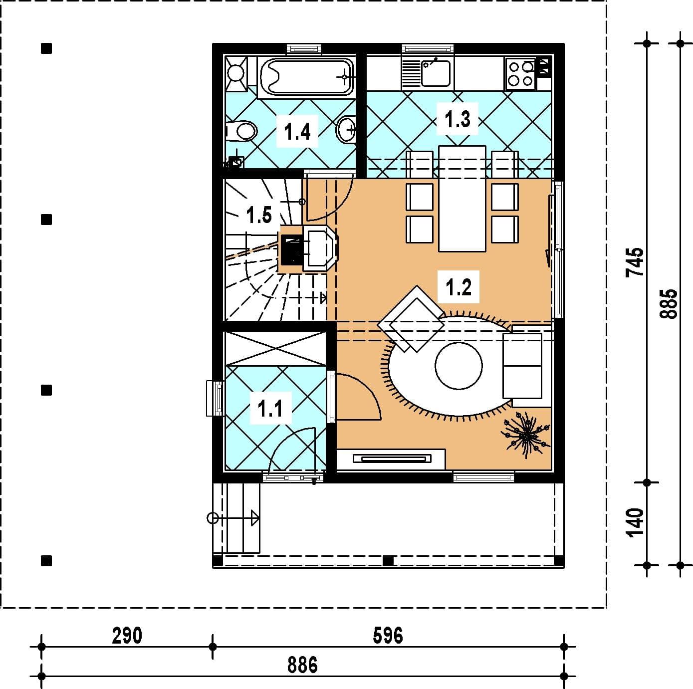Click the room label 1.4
pyautogui.click(x=297, y=131)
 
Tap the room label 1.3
pyautogui.click(x=458, y=119)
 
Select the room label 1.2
pyautogui.click(x=458, y=287)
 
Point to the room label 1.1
pyautogui.click(x=270, y=409)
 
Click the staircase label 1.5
pyautogui.click(x=259, y=215)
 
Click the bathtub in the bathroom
pyautogui.click(x=306, y=77)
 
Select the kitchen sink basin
pyautogui.click(x=436, y=73)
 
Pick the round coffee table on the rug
pyautogui.click(x=459, y=366)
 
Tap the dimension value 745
pyautogui.click(x=635, y=262)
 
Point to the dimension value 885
pyautogui.click(x=668, y=304)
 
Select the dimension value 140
pyautogui.click(x=635, y=523)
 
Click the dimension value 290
pyautogui.click(x=127, y=636)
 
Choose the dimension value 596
pyautogui.click(x=388, y=636)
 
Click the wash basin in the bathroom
pyautogui.click(x=346, y=129)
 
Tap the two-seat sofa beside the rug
pyautogui.click(x=527, y=366)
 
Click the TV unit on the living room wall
pyautogui.click(x=391, y=459)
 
